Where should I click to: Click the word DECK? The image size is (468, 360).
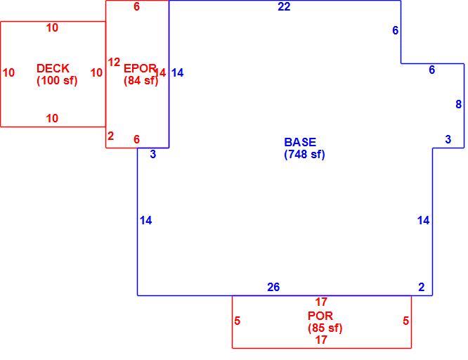[53, 68]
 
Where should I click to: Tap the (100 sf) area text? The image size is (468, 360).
[57, 80]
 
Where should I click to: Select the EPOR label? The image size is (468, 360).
[140, 68]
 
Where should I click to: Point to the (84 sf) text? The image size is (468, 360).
[141, 80]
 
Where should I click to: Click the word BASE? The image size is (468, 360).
[300, 142]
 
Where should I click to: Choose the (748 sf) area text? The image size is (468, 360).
[304, 154]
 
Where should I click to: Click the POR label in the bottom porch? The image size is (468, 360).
[320, 316]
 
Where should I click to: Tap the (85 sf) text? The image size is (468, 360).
[325, 328]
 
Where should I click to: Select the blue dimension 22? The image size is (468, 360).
[284, 6]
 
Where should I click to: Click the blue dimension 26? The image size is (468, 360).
[273, 287]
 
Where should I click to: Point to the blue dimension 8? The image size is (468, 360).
[458, 104]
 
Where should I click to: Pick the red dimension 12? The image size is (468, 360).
[114, 63]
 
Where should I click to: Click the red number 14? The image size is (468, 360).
[160, 72]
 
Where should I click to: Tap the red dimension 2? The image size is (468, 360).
[111, 136]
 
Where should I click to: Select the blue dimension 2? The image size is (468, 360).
[422, 287]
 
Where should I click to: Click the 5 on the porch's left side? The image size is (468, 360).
[238, 321]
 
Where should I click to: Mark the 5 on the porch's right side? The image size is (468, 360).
[405, 321]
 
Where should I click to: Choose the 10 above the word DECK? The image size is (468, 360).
[52, 28]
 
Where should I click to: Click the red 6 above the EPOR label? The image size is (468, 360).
[137, 6]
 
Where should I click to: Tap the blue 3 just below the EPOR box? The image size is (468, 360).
[152, 154]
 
